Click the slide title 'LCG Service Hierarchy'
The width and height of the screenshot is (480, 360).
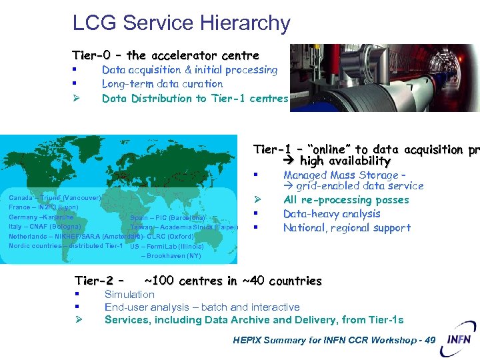point(181,23)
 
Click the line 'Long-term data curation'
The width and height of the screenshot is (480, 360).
point(162,84)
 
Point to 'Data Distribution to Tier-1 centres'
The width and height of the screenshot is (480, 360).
point(195,99)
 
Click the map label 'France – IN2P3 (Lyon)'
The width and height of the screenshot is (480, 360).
point(43,207)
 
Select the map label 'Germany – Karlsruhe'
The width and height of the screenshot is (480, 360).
point(41,217)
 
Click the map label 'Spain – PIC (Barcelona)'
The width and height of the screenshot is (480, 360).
point(167,217)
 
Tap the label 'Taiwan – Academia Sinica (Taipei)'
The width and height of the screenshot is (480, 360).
point(184,227)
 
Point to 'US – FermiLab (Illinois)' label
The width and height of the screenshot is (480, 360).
point(167,246)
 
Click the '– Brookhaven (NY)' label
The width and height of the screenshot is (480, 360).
point(171,255)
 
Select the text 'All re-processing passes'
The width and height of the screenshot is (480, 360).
point(346,200)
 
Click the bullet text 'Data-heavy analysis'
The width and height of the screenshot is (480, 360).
point(331,214)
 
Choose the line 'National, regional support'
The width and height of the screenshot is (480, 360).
point(347,228)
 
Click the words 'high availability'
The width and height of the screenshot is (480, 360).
point(345,161)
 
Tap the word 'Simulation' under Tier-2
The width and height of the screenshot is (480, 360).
point(129,295)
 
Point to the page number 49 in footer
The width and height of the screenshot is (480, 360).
point(430,341)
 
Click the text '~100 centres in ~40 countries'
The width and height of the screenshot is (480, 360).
point(233,281)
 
